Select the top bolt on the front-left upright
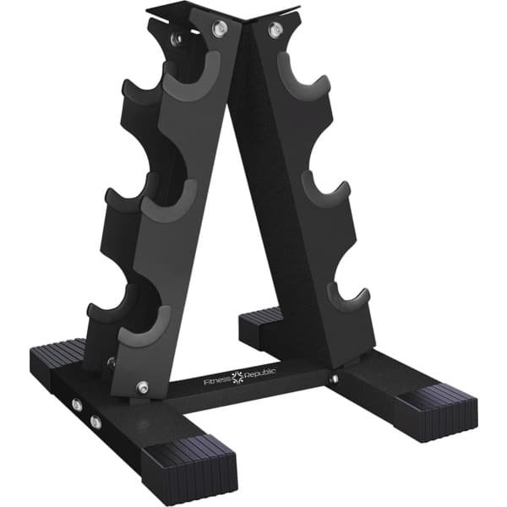(219, 29)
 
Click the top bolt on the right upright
(274, 30)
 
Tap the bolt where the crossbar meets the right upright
(333, 379)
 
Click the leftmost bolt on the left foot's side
(77, 406)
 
